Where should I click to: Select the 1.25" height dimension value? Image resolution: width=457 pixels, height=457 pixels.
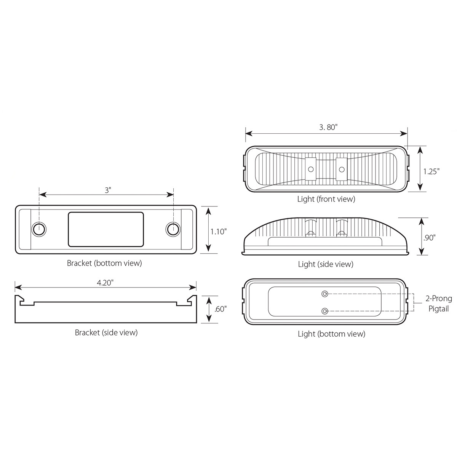pos(431,171)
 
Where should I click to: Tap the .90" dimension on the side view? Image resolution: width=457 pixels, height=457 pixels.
pos(429,237)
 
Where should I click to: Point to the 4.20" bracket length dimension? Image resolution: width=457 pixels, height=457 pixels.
pos(105,282)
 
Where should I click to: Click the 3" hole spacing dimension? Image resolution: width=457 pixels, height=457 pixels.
pos(108,190)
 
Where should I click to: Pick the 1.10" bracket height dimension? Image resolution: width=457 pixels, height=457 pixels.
pos(219,231)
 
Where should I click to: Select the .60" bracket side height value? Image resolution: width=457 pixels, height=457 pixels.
pos(220,309)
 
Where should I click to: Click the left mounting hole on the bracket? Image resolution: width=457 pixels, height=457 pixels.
pos(38,229)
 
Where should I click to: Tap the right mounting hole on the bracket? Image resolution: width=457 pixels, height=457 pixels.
pos(173,229)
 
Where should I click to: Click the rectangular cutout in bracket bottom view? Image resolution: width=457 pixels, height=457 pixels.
pos(105,229)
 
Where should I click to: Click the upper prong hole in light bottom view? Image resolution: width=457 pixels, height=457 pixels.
pos(324,294)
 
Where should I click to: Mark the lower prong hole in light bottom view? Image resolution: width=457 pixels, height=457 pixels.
pos(324,311)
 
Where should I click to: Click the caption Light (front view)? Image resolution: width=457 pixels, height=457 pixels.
pos(326,199)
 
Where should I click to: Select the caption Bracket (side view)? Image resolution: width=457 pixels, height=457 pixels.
pos(106,332)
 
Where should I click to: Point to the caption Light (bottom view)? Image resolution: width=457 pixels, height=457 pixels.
pos(331,334)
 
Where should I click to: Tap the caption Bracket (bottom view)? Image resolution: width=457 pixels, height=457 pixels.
pos(104,263)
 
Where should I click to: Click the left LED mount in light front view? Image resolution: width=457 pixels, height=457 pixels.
pos(311,168)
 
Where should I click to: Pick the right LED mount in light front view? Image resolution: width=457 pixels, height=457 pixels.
pos(342,168)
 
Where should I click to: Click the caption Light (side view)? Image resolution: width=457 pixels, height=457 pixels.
pos(326,264)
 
